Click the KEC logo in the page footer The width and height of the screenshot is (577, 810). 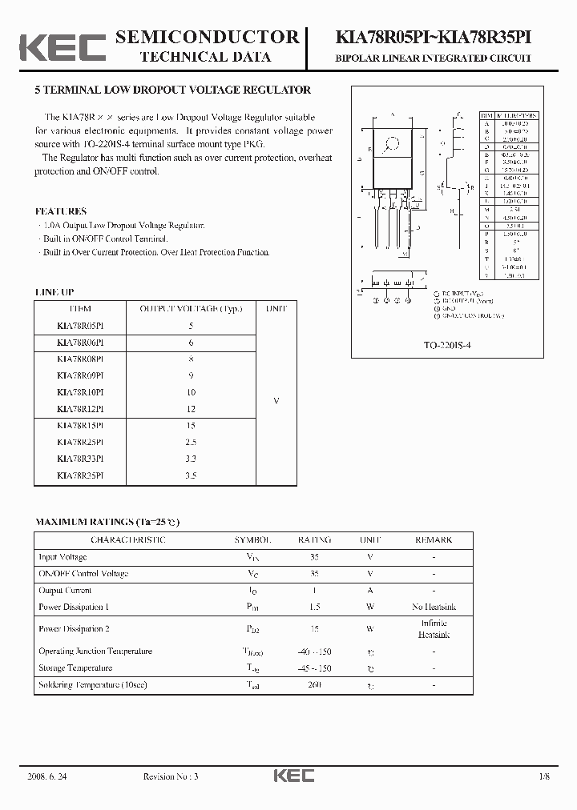[294, 776]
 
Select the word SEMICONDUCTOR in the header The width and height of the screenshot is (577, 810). [207, 37]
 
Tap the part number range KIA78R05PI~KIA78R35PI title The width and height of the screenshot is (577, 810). [432, 38]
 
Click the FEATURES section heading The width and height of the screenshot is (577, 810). [61, 211]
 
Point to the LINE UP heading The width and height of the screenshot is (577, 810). [54, 293]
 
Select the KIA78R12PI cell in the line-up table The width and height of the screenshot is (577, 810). [80, 409]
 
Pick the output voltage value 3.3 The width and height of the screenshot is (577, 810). [191, 459]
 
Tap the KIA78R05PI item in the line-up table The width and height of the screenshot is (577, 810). [80, 326]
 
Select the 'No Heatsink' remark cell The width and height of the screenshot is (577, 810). [434, 607]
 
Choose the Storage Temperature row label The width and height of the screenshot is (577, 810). [75, 668]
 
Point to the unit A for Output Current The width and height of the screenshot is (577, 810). [370, 591]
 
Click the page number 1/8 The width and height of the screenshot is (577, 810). [545, 776]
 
